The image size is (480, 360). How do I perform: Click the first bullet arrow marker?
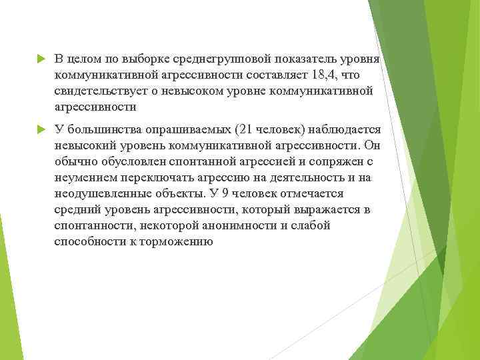tap(40, 59)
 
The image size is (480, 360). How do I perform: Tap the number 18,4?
tap(326, 75)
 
